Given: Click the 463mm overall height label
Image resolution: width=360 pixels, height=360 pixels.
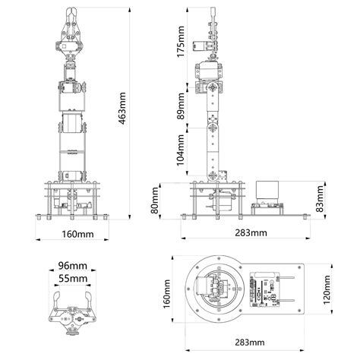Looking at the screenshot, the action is pyautogui.click(x=122, y=109).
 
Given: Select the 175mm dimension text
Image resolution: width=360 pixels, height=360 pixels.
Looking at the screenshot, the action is pyautogui.click(x=181, y=42).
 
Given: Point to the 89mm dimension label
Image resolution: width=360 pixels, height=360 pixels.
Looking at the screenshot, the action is pyautogui.click(x=181, y=106).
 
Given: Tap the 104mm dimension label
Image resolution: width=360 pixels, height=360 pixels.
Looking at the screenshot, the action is pyautogui.click(x=181, y=150).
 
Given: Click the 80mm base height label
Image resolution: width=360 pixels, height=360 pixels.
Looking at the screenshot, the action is pyautogui.click(x=154, y=201).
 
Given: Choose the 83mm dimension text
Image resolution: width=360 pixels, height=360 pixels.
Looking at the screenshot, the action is pyautogui.click(x=320, y=199).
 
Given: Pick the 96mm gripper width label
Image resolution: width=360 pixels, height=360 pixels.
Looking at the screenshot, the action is pyautogui.click(x=73, y=266).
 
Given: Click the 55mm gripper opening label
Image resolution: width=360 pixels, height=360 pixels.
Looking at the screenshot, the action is pyautogui.click(x=73, y=279).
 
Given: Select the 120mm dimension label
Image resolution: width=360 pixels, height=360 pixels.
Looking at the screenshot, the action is pyautogui.click(x=327, y=290).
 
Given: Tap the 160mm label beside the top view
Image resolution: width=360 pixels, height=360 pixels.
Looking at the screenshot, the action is pyautogui.click(x=166, y=294).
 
